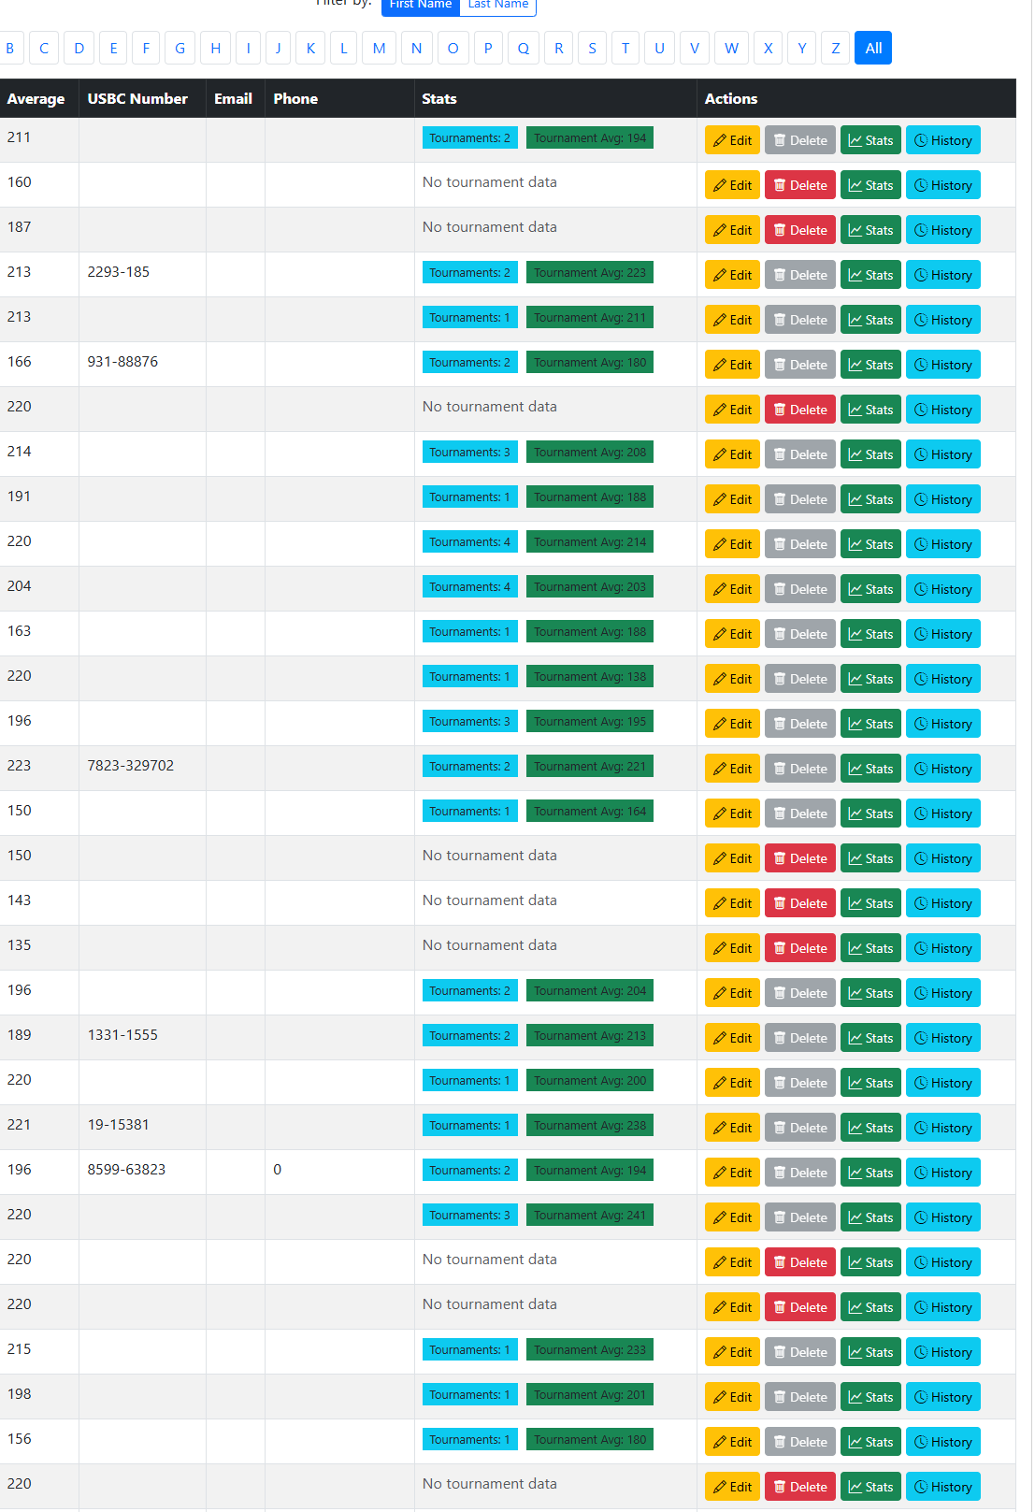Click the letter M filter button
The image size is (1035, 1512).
(x=379, y=49)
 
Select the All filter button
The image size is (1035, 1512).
(x=872, y=49)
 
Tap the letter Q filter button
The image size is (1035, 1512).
(x=524, y=49)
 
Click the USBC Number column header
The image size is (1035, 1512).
(x=137, y=99)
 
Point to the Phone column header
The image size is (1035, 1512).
(x=295, y=99)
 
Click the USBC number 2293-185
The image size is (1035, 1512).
(x=119, y=272)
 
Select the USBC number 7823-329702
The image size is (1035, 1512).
(x=131, y=766)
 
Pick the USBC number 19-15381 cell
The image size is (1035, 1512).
(x=119, y=1125)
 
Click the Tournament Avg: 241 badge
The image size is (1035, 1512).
(x=589, y=1216)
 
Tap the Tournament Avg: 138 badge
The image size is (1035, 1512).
(x=589, y=677)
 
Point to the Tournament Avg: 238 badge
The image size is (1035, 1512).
(x=589, y=1126)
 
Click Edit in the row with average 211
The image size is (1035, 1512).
(x=732, y=140)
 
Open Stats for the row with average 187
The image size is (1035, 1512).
(x=870, y=230)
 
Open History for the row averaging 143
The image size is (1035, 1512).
(x=942, y=903)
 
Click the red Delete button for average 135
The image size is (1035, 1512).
(x=800, y=948)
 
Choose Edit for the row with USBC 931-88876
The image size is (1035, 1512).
(x=732, y=365)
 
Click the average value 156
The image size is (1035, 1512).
(x=20, y=1439)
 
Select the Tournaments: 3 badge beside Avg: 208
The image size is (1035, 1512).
(x=470, y=453)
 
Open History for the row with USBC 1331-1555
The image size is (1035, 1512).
(x=942, y=1038)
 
